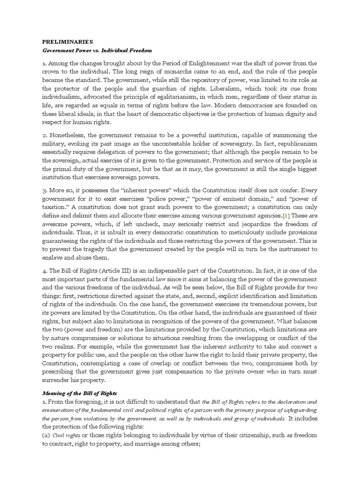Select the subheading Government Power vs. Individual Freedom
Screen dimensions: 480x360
(x=97, y=50)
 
